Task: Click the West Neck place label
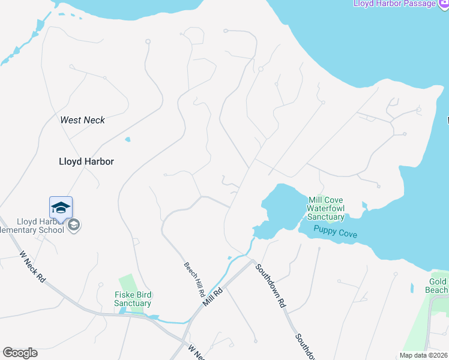coord(82,120)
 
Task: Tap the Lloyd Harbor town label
coord(86,161)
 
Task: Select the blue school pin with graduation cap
coord(61,208)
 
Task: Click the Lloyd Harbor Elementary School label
coord(33,226)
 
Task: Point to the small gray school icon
coord(74,225)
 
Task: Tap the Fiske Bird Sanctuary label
coord(133,299)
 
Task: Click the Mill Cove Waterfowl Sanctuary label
coord(326,208)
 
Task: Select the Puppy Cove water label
coord(335,231)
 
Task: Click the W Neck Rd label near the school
coord(32,267)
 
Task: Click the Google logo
coord(20,353)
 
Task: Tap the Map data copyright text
coord(424,355)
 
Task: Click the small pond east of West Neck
coord(127,140)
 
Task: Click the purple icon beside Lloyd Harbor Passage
coord(444,4)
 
